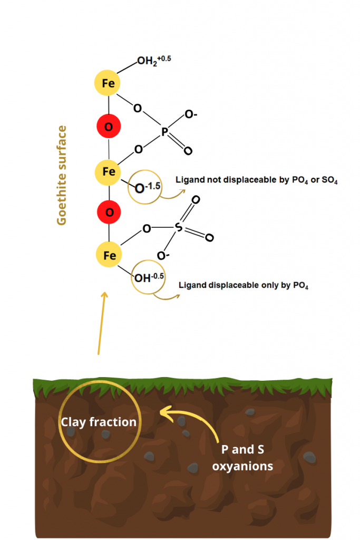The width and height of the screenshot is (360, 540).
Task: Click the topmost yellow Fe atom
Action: point(108,83)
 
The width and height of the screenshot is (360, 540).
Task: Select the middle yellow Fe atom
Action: point(109,171)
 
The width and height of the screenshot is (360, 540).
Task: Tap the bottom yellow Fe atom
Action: point(109,256)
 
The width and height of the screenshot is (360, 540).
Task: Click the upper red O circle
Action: point(109,127)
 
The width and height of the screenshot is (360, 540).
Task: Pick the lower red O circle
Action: point(109,213)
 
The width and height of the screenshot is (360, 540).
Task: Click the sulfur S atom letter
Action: point(178,228)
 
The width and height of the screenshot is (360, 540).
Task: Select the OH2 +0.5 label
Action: point(154,61)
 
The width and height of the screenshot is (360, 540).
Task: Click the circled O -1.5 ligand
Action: point(145,186)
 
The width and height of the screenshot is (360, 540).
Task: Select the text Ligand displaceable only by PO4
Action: point(244,285)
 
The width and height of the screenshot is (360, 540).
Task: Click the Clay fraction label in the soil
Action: point(99,422)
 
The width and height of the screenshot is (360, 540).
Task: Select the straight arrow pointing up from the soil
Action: point(101,323)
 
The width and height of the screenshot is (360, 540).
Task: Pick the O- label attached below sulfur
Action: point(163,256)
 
